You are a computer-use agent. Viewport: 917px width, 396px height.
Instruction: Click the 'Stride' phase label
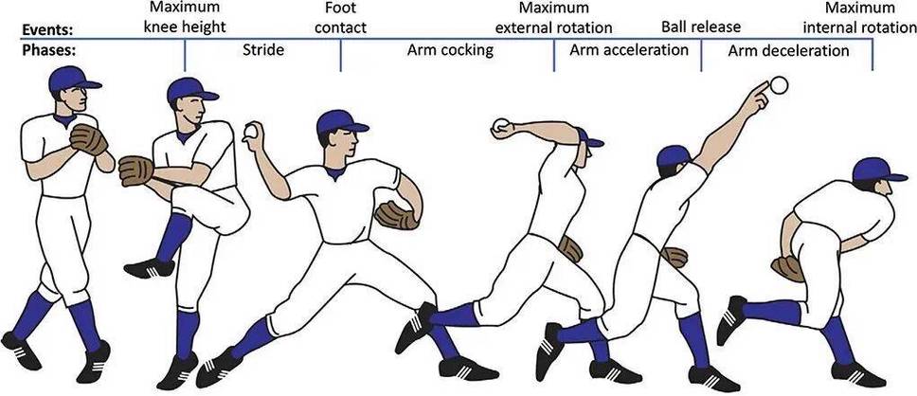click(263, 49)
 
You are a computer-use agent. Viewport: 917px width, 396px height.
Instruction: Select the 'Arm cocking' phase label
click(450, 50)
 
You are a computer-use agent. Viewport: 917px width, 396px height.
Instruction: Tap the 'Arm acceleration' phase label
click(629, 49)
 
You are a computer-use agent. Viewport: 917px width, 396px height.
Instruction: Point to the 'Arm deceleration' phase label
click(788, 51)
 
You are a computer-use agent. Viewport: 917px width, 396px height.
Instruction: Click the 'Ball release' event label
click(701, 27)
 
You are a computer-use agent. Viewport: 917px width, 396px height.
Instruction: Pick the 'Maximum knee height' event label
click(185, 18)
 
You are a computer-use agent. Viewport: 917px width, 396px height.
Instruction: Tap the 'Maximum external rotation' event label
click(553, 18)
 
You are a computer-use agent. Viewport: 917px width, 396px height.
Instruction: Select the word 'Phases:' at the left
click(49, 50)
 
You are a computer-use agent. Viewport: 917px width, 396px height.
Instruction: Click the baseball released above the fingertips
click(779, 85)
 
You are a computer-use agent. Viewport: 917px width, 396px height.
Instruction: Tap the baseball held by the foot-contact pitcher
click(250, 132)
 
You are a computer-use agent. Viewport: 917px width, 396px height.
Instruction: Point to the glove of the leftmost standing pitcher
click(89, 139)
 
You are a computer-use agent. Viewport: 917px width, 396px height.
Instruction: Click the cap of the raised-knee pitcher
click(191, 90)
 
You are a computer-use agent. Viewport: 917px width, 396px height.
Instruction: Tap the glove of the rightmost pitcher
click(788, 268)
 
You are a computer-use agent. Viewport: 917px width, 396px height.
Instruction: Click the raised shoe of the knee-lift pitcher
click(149, 267)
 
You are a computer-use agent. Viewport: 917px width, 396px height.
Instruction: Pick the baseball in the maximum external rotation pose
click(501, 125)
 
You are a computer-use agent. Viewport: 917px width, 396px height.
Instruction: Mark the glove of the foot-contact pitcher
click(397, 215)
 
